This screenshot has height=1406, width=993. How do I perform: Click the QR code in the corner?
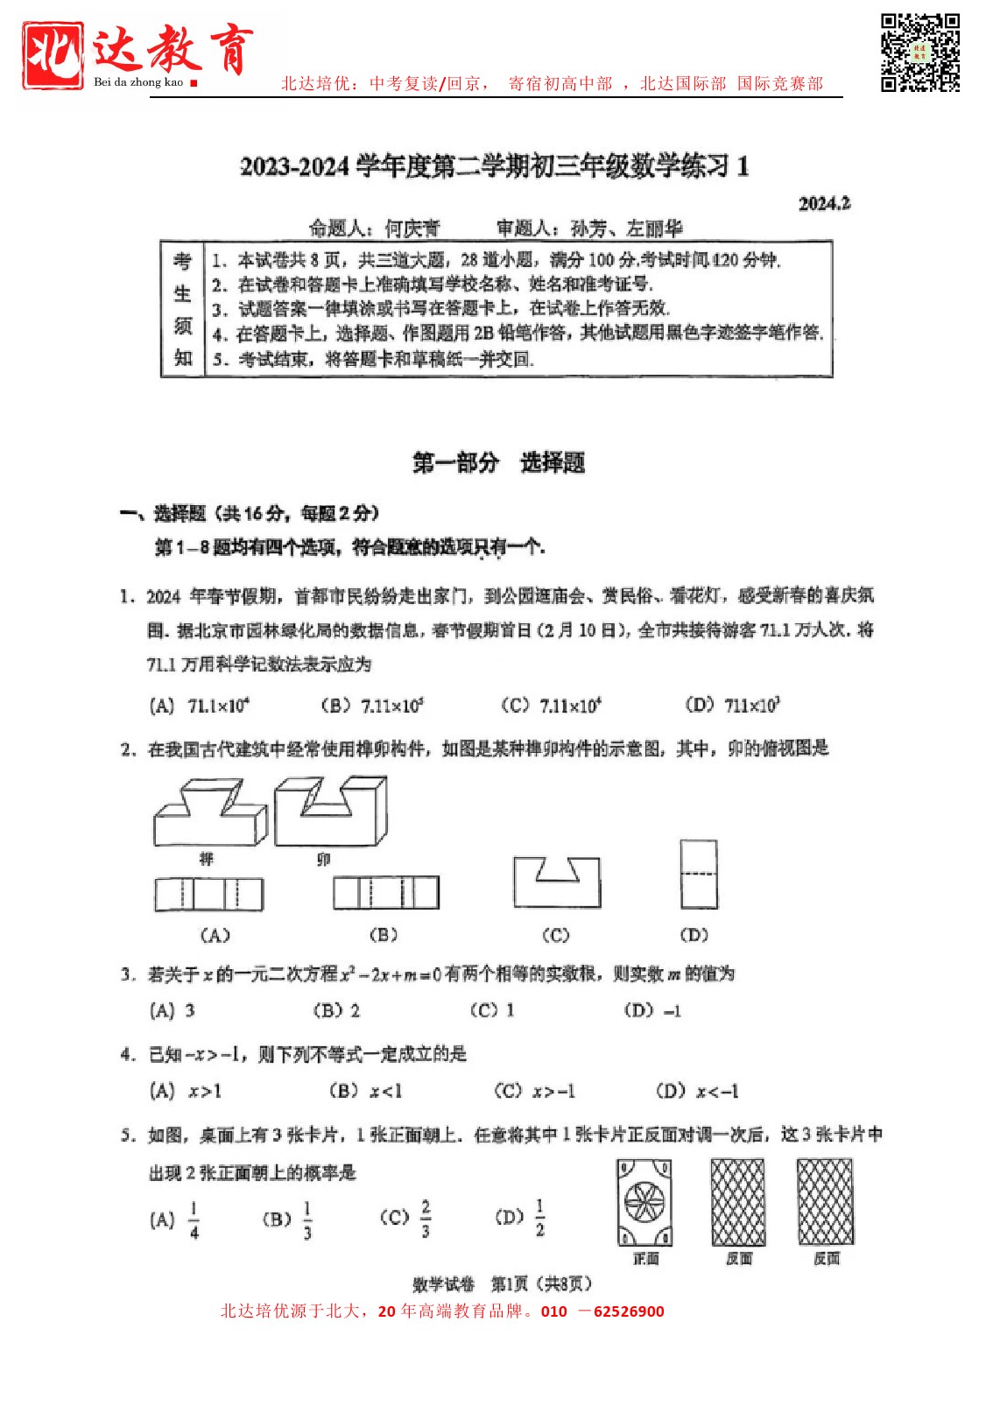(x=919, y=53)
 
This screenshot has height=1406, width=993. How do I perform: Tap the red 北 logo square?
(x=53, y=54)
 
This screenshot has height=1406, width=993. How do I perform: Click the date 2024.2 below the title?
(x=824, y=204)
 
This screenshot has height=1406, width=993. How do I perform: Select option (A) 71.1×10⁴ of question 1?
(x=201, y=706)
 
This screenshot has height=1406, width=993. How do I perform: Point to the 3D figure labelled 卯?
(x=330, y=812)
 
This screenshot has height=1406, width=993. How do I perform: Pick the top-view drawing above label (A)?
(x=209, y=894)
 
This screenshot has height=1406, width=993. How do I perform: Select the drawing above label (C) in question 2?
(x=557, y=882)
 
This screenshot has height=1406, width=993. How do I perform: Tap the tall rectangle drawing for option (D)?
(x=699, y=874)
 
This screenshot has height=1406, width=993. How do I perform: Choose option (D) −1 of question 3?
(x=653, y=1010)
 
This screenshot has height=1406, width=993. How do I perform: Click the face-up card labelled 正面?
(x=644, y=1203)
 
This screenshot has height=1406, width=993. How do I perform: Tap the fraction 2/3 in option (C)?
(x=426, y=1218)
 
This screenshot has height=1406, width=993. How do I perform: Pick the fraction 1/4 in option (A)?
(x=194, y=1220)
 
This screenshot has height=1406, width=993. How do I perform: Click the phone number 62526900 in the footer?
(x=629, y=1311)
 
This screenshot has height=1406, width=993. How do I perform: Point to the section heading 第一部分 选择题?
(x=498, y=462)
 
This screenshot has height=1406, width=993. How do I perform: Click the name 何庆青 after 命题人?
(x=412, y=228)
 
